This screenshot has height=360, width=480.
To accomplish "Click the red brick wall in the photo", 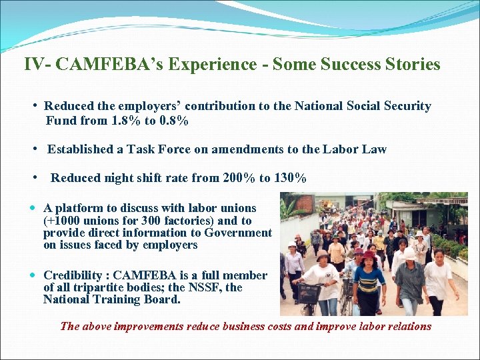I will click(303, 202).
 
